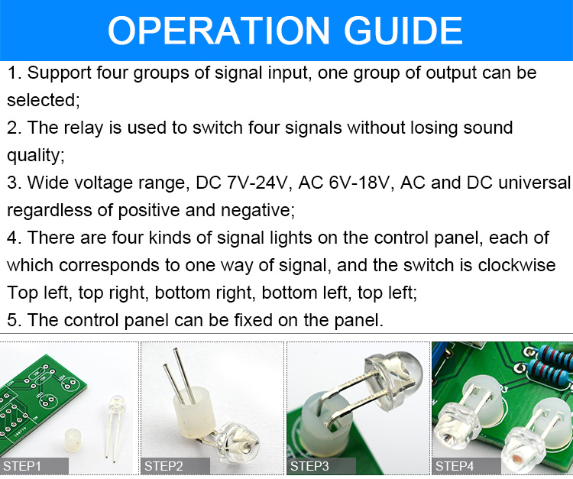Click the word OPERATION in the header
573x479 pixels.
(219, 31)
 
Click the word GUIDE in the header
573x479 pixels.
(403, 31)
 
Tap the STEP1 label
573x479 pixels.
(22, 466)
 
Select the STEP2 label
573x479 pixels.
(163, 466)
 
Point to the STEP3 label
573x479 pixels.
(309, 466)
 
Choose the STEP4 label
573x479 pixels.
(455, 466)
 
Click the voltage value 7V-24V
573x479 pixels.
(257, 183)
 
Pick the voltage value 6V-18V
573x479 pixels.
(359, 183)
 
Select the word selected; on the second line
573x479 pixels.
(43, 100)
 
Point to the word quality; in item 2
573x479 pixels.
(35, 156)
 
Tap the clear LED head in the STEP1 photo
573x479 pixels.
(118, 405)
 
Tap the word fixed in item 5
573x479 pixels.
(253, 320)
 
